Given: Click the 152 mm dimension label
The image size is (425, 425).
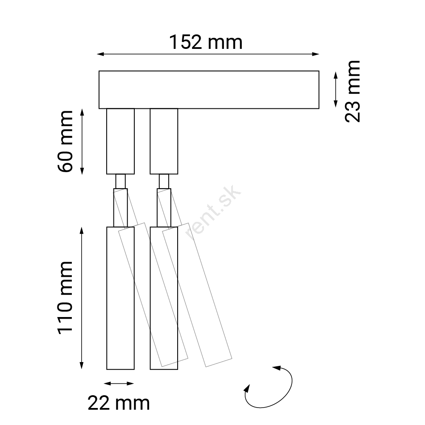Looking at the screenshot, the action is [x=206, y=42].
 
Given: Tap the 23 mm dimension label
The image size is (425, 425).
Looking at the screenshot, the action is [x=353, y=92].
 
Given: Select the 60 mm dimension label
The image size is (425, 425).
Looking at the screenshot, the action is [x=65, y=141].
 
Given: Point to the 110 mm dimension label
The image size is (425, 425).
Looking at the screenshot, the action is [x=65, y=297].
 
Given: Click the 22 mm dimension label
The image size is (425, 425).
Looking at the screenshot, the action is [x=119, y=403].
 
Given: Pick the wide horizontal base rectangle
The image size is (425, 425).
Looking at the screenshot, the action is [x=209, y=90].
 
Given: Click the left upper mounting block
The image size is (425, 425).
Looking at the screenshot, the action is [x=120, y=141].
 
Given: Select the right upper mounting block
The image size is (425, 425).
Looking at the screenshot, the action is [x=164, y=141].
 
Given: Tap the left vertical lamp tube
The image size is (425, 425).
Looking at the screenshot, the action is [x=120, y=298].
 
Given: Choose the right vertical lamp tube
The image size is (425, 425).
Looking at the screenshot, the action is [x=164, y=298].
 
